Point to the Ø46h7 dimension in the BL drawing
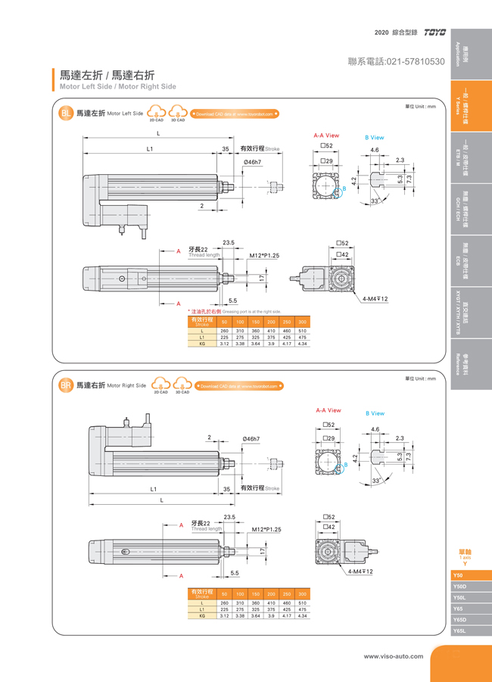coord(252,163)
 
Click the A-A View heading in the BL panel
coord(326,135)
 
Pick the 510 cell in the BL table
coord(302,332)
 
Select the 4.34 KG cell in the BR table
coord(302,615)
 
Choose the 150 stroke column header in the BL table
coord(256,322)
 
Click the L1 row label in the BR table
coord(202,609)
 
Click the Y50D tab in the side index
coord(459,586)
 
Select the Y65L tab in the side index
coord(459,630)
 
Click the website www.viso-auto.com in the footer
coord(394,656)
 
